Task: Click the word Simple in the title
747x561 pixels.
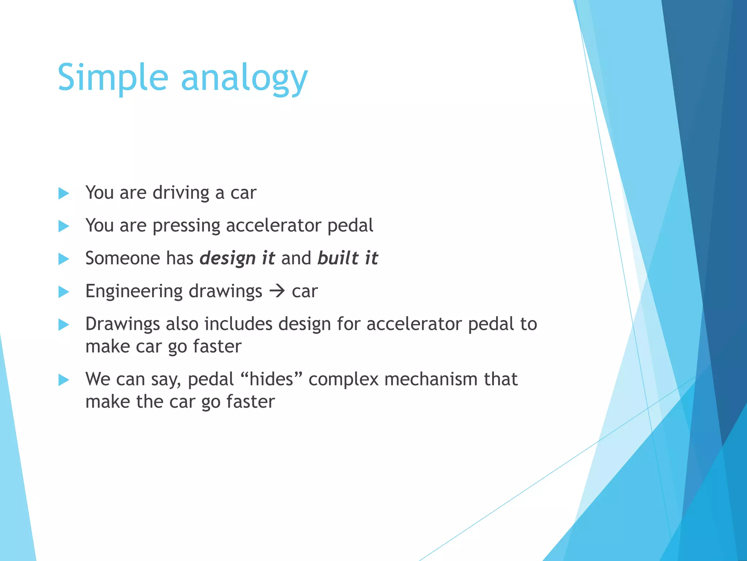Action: pyautogui.click(x=113, y=77)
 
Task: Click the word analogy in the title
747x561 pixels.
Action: pyautogui.click(x=244, y=79)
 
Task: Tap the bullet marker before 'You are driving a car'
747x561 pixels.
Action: pyautogui.click(x=63, y=193)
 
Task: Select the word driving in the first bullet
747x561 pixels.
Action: pyautogui.click(x=181, y=193)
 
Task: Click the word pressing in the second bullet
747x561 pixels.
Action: pyautogui.click(x=186, y=226)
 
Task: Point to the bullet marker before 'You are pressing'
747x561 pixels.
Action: pyautogui.click(x=63, y=226)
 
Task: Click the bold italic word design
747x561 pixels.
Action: pyautogui.click(x=228, y=259)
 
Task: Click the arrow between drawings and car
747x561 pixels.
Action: pyautogui.click(x=277, y=291)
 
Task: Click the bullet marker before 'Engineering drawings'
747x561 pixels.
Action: pyautogui.click(x=63, y=292)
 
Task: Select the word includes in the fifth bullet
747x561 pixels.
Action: pyautogui.click(x=238, y=324)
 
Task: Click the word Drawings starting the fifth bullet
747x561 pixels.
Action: pyautogui.click(x=123, y=324)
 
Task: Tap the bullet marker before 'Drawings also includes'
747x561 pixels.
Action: pyautogui.click(x=63, y=325)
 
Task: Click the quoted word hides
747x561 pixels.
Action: pyautogui.click(x=271, y=379)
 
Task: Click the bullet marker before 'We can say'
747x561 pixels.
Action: pyautogui.click(x=63, y=380)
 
